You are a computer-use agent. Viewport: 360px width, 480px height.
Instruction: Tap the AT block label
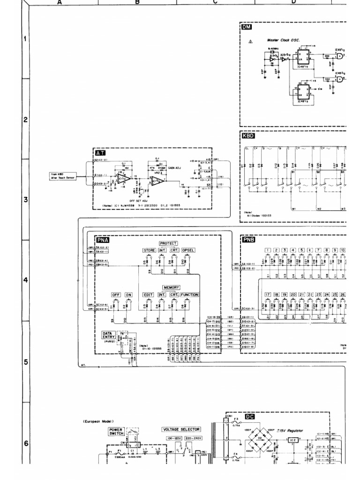[100, 153]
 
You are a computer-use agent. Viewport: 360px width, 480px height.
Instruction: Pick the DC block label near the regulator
[250, 416]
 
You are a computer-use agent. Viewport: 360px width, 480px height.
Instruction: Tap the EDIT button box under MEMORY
[149, 294]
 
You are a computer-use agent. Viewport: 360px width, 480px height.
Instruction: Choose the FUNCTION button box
[189, 294]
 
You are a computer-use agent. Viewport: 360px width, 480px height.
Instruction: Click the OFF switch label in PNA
[116, 294]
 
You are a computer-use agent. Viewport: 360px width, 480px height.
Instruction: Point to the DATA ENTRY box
[108, 336]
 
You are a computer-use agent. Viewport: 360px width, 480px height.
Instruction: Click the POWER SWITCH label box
[117, 431]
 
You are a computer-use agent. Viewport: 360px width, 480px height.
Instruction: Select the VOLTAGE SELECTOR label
[181, 429]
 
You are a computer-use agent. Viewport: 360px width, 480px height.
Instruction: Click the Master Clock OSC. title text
[283, 41]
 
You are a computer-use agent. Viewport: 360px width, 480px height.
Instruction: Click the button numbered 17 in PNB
[268, 294]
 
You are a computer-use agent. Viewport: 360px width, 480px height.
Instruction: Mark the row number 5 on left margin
[26, 362]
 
